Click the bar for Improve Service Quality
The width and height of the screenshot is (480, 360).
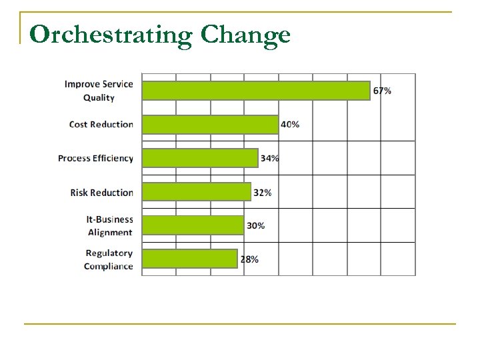coord(257,91)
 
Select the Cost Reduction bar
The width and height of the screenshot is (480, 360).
coord(211,124)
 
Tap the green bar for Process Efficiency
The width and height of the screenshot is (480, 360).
coord(201,158)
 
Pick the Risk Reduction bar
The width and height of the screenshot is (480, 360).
coord(197,192)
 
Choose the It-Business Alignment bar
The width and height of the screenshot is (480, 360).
coord(194,225)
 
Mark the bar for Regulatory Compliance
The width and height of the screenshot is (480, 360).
coord(190,259)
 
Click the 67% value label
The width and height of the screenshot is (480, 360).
coord(382,91)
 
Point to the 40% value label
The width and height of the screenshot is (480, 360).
coord(290,124)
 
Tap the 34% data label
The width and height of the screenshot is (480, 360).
coord(270,158)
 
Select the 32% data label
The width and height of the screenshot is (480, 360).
coord(263,193)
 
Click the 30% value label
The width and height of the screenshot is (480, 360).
coord(256,225)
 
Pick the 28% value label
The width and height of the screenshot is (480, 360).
coord(249,259)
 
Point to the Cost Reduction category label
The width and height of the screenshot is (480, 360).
coord(101,124)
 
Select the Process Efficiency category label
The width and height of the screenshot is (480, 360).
coord(95,158)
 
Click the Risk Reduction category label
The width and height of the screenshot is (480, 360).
coord(101,193)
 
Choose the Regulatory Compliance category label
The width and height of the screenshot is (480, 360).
coord(109,259)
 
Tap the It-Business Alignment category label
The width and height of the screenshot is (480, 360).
coord(110,225)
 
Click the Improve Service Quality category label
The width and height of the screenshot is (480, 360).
coord(99,91)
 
